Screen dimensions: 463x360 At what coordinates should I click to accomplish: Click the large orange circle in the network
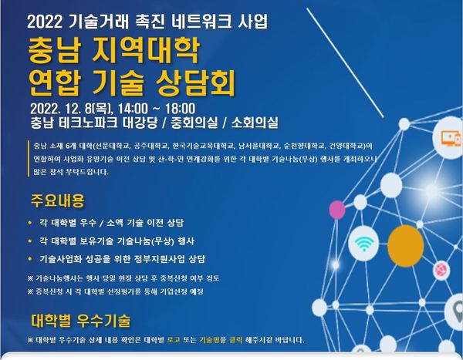405,246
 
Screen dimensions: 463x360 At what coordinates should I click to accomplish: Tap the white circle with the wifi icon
363,244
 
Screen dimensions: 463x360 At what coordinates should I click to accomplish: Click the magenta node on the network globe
337,210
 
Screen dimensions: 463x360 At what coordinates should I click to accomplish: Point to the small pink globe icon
441,270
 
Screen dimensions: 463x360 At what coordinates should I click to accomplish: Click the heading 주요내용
58,200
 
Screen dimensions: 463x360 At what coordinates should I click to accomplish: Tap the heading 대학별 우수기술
80,321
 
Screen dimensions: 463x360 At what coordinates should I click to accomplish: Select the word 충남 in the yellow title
54,52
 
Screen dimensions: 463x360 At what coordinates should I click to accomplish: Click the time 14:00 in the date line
133,109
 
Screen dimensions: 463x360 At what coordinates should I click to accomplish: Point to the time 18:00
180,109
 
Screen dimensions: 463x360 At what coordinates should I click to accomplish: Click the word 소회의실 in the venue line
255,123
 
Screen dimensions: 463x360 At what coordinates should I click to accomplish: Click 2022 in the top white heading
44,22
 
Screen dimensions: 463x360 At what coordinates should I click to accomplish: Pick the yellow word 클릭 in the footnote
235,340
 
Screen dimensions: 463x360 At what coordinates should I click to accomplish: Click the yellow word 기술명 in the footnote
209,340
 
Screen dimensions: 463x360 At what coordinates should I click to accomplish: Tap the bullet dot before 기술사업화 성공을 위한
29,259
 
